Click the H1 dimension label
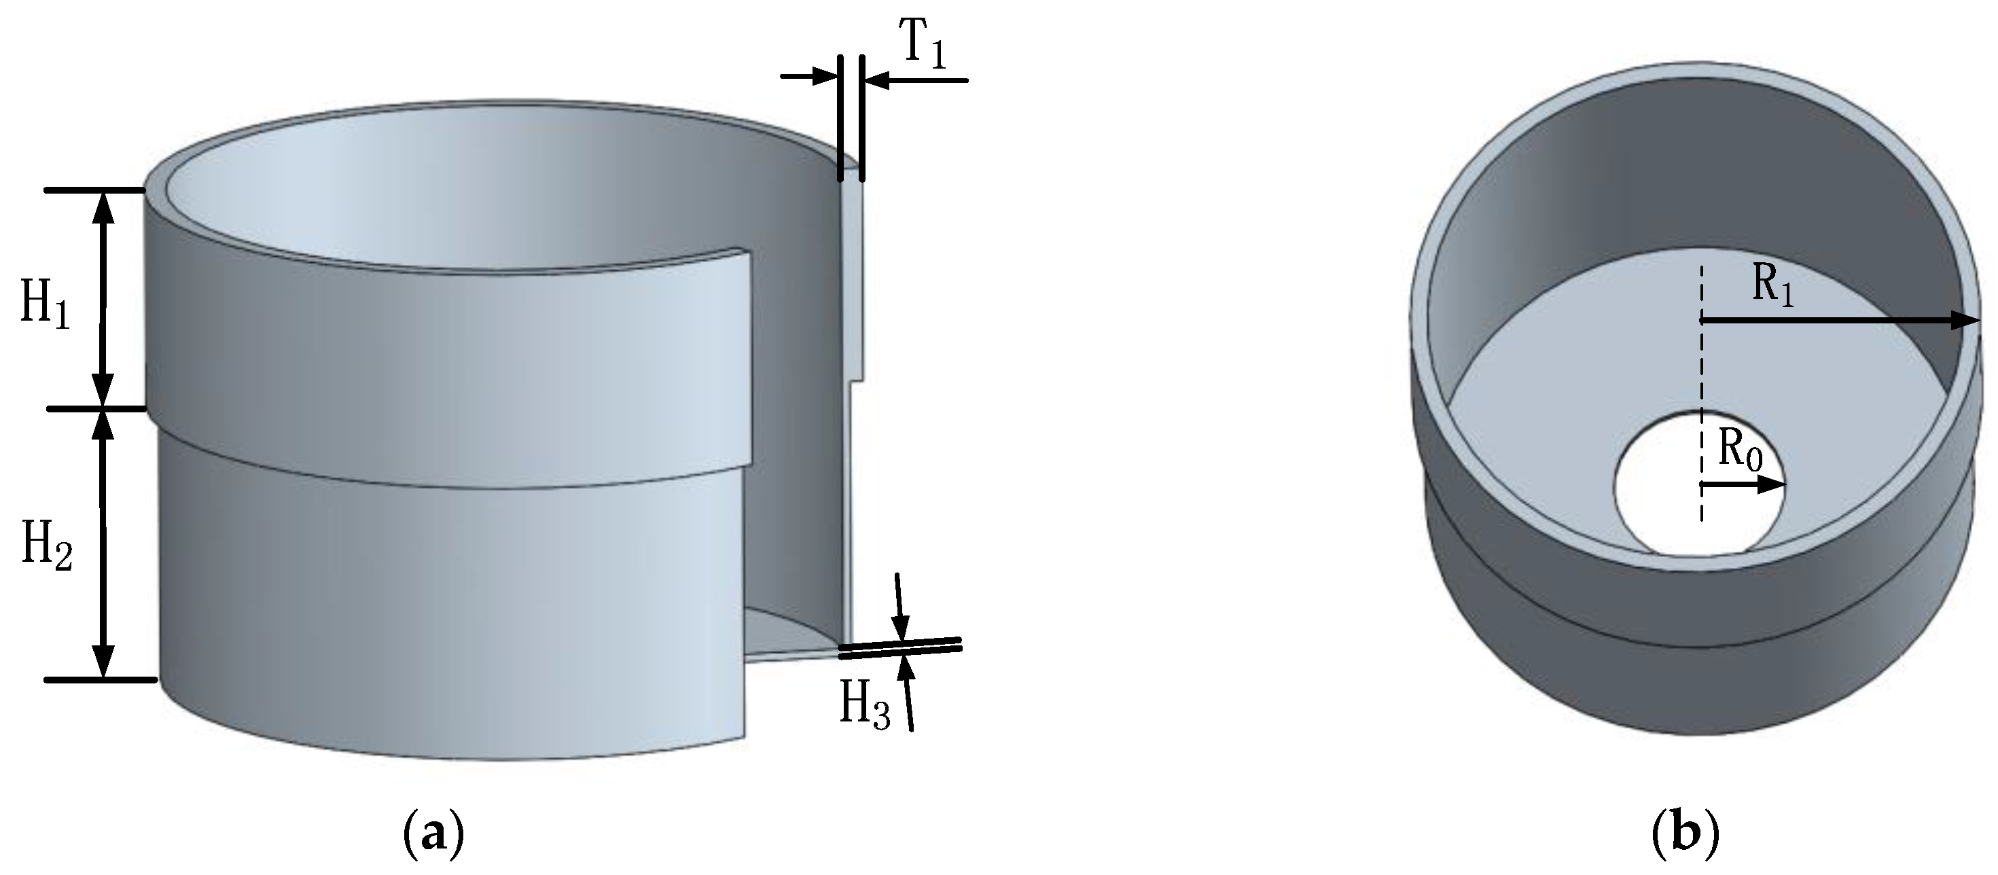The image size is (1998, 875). pyautogui.click(x=44, y=304)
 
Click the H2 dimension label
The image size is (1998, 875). pyautogui.click(x=47, y=546)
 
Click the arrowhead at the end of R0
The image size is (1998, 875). pyautogui.click(x=1772, y=485)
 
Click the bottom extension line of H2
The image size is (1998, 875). pyautogui.click(x=101, y=680)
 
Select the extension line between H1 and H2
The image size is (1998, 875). pyautogui.click(x=96, y=409)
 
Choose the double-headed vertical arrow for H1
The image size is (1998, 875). pyautogui.click(x=103, y=299)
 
